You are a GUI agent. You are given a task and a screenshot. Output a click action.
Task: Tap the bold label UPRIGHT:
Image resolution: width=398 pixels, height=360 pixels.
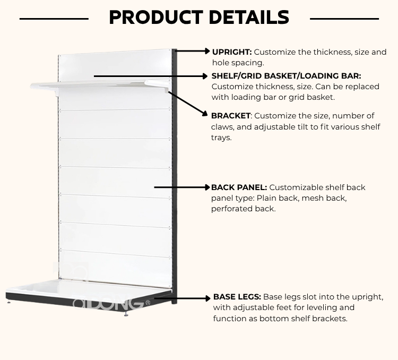231,52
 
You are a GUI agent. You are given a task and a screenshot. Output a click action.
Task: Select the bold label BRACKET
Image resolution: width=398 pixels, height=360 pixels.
230,116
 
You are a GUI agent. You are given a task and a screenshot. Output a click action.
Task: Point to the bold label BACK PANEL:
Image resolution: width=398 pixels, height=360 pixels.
239,187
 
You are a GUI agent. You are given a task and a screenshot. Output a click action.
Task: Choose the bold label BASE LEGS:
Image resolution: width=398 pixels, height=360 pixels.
237,297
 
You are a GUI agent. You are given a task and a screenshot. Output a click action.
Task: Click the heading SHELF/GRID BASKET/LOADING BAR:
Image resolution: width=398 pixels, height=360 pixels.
286,76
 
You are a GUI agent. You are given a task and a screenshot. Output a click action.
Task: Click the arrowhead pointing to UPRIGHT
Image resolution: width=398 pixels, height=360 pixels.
207,51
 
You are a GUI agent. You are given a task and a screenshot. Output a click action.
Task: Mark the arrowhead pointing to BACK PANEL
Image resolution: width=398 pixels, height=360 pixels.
207,187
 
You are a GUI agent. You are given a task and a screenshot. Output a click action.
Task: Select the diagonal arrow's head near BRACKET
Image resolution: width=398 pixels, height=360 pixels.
205,113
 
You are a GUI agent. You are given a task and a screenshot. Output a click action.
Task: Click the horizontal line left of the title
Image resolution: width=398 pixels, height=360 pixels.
54,19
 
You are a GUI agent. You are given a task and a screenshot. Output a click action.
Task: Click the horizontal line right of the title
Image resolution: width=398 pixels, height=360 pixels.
344,19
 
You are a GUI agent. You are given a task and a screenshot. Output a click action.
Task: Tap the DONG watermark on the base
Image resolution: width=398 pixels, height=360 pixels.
109,303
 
